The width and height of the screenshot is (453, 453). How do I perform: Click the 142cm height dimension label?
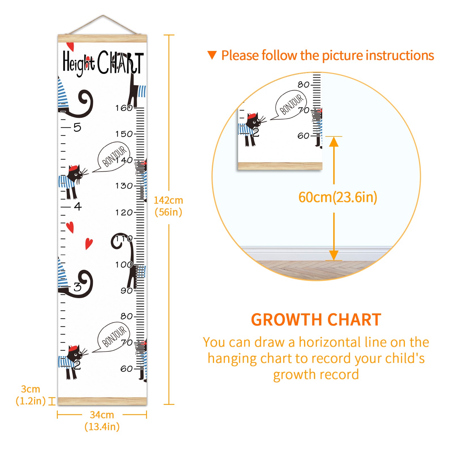[x=168, y=206]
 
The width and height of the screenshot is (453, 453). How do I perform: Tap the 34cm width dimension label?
[x=102, y=420]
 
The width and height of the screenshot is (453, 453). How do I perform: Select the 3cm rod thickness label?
[x=31, y=395]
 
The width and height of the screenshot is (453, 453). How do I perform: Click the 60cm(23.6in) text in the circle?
[x=338, y=197]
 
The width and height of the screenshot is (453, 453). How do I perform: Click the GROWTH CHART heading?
[x=316, y=320]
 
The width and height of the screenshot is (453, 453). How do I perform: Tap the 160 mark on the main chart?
[x=124, y=108]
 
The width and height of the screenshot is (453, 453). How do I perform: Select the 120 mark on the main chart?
[x=124, y=212]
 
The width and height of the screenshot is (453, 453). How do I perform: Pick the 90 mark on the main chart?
[x=127, y=290]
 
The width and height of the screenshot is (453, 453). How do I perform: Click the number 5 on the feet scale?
[x=77, y=127]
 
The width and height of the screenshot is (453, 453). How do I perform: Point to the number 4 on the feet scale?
[x=78, y=206]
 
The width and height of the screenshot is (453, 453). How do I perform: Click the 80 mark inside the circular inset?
[x=303, y=84]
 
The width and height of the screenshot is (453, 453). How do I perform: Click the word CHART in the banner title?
[x=121, y=62]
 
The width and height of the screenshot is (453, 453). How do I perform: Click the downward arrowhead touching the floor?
[x=334, y=255]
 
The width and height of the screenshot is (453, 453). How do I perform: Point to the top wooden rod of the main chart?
[x=102, y=38]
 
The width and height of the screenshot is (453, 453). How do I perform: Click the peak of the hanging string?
[x=103, y=15]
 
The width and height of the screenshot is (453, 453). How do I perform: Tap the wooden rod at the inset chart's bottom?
[x=280, y=166]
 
